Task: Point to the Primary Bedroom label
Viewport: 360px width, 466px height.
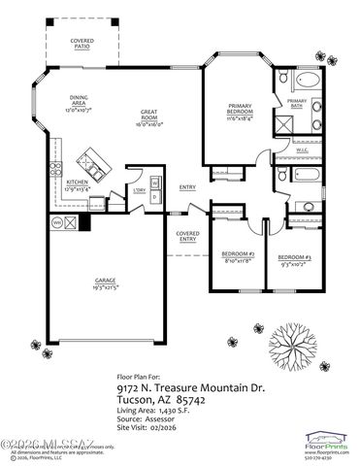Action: click(x=240, y=109)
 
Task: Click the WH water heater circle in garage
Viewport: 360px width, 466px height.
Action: click(x=57, y=221)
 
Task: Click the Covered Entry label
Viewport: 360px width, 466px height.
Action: click(x=187, y=237)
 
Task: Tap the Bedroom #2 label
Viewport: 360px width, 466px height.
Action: click(x=237, y=255)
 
